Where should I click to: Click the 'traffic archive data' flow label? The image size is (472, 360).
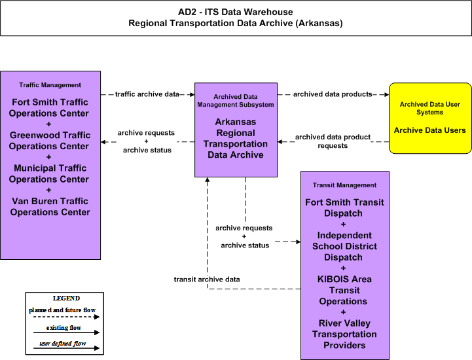[147, 94]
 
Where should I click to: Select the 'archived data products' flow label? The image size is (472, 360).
[333, 94]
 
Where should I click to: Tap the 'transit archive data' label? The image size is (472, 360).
[207, 279]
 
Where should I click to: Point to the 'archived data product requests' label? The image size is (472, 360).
[333, 141]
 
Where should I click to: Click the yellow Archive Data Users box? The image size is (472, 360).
[430, 118]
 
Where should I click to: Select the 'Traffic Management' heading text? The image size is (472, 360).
[50, 85]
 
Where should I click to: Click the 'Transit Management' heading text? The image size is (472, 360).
[344, 185]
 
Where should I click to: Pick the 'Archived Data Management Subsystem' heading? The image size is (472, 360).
[236, 101]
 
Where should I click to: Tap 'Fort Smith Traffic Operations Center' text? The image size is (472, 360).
[50, 108]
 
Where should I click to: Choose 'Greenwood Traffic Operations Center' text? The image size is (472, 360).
[50, 141]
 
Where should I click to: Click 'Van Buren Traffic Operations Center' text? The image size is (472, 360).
[50, 206]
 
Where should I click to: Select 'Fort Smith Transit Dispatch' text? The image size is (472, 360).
[344, 207]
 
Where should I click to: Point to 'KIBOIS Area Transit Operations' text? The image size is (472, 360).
[344, 290]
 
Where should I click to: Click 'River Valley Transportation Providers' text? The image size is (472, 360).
[344, 334]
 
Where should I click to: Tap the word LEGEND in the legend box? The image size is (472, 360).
[66, 298]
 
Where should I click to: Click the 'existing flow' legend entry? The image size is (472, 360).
[64, 328]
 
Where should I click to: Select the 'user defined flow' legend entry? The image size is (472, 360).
[63, 344]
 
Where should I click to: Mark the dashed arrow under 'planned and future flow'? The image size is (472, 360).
[66, 317]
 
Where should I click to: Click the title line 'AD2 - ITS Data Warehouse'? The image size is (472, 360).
[236, 12]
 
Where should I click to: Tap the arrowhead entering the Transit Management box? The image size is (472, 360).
[299, 242]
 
